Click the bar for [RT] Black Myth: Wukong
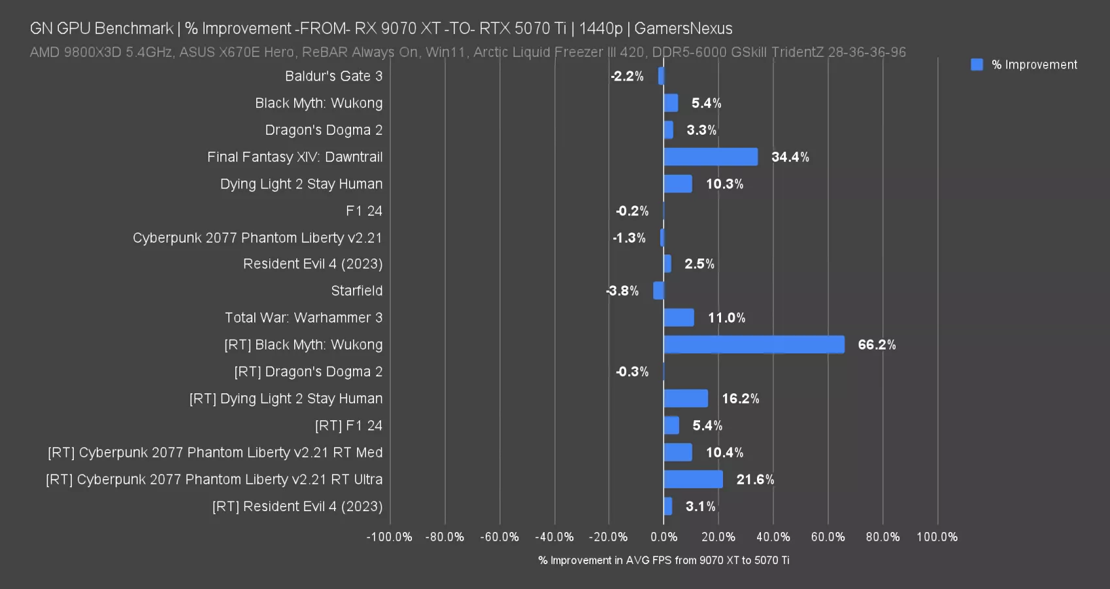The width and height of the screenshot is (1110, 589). point(754,345)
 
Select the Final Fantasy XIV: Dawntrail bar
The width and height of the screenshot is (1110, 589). point(711,157)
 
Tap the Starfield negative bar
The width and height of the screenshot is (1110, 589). point(658,291)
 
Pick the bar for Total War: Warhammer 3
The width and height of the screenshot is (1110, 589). point(679,318)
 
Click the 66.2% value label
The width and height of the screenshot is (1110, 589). point(877,345)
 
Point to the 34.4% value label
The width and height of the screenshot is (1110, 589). point(790,157)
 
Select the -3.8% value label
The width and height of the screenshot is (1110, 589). point(622,291)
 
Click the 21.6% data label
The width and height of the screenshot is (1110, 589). point(755,480)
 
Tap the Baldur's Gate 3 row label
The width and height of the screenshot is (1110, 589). point(333,76)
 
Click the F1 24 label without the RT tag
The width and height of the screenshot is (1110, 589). point(364,211)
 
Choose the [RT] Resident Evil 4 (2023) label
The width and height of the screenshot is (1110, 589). point(297,507)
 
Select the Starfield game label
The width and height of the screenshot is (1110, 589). point(356,291)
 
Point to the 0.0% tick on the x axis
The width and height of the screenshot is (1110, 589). point(664,537)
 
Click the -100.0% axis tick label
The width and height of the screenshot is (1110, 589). point(390,537)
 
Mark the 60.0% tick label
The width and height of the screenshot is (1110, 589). point(828,537)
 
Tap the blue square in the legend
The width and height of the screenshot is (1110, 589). point(977,65)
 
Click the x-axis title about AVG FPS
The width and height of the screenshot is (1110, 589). point(664,560)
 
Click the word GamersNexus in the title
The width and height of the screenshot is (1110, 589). point(683,29)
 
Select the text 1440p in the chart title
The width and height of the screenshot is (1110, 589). point(600,29)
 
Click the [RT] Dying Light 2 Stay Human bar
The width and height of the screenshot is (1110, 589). point(686,399)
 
